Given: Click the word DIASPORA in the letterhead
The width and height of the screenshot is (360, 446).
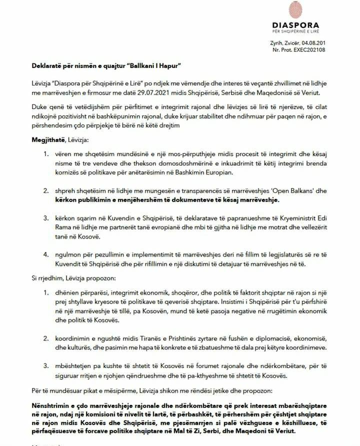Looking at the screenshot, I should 295,25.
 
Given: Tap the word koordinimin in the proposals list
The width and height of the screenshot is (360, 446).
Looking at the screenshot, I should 75,338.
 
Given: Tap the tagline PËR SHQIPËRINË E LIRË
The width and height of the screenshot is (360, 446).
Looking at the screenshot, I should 295,32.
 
